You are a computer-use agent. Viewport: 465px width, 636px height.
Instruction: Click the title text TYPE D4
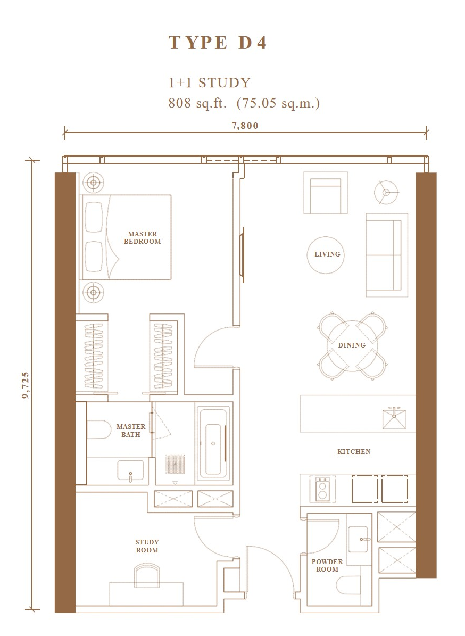218,43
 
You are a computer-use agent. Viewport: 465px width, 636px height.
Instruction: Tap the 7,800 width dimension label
245,126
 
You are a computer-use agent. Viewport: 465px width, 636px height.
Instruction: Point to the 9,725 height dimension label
26,385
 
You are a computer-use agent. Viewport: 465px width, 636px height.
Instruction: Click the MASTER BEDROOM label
142,238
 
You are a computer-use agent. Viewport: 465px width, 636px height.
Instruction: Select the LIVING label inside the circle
327,254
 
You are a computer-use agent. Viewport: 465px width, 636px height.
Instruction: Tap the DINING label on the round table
352,345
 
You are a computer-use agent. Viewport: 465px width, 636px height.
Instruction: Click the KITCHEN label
354,451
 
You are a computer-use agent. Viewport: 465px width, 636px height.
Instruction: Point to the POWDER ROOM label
327,565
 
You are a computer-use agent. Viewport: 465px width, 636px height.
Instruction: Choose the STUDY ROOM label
147,546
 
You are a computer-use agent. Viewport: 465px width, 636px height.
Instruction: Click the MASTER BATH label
130,431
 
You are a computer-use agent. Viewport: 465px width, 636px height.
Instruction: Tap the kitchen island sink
394,418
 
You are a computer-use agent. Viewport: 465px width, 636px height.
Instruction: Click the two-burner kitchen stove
323,489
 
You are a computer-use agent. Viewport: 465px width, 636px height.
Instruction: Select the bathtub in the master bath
213,443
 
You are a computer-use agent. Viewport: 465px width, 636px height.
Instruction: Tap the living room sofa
387,255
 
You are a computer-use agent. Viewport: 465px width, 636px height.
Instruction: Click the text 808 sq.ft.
197,103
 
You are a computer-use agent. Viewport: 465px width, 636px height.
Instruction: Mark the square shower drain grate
175,464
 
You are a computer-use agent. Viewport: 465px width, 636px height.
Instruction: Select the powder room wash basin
359,540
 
